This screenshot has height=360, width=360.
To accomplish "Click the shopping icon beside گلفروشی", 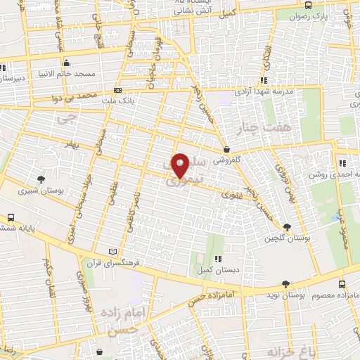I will (x=226, y=149).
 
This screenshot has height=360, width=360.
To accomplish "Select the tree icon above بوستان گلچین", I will (x=287, y=226).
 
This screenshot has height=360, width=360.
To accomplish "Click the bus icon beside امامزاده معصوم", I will (x=342, y=285).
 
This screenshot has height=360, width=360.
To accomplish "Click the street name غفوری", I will (x=231, y=195).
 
